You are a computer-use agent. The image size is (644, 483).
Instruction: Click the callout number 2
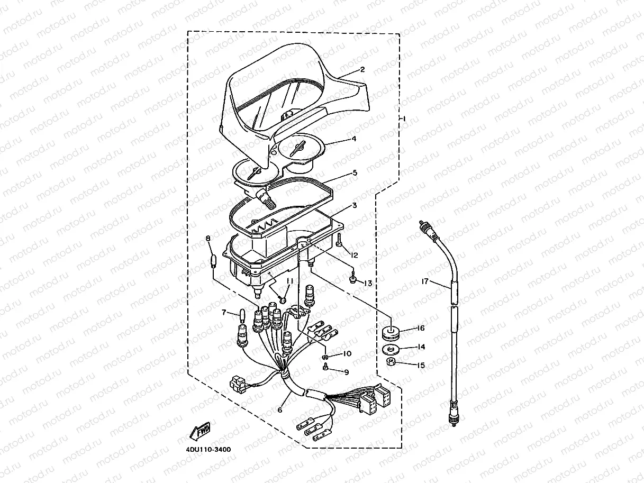[362, 69]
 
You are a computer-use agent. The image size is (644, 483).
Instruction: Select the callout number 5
[355, 172]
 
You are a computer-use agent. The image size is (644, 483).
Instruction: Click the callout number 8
[208, 239]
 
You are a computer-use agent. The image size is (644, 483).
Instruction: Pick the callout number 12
[354, 255]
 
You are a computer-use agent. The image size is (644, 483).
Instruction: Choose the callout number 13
[367, 284]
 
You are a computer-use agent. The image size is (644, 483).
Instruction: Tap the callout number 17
[426, 282]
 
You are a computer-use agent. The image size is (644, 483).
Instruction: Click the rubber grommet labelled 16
[391, 334]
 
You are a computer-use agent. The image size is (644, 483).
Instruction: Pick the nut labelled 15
[391, 362]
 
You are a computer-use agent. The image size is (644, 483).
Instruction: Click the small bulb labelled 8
[214, 261]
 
